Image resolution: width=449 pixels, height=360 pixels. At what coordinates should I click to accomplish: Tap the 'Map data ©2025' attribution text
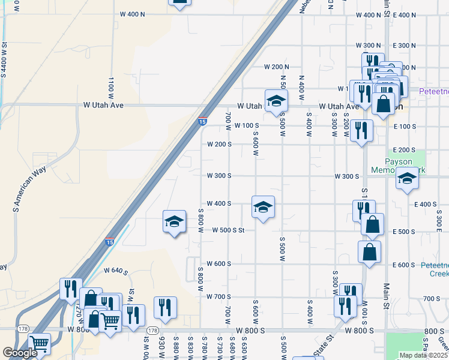point(423,355)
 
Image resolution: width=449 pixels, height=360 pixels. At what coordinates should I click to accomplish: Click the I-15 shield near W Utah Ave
point(202,121)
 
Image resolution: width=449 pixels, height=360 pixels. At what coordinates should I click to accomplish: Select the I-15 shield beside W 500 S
point(109,241)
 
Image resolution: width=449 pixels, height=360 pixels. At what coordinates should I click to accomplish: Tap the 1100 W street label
point(111,88)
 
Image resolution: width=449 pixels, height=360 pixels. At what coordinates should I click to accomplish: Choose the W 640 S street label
point(116,272)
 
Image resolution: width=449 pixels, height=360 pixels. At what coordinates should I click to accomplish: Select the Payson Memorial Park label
point(406,166)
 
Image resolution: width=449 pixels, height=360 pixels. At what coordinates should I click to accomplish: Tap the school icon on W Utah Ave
point(276,100)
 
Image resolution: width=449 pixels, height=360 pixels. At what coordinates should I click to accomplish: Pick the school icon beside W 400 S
point(263,207)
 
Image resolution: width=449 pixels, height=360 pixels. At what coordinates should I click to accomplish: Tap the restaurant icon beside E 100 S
point(361,130)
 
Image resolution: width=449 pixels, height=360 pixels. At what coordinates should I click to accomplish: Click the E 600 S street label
point(403,265)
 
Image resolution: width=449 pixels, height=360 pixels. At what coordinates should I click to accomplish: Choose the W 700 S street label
point(218,297)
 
